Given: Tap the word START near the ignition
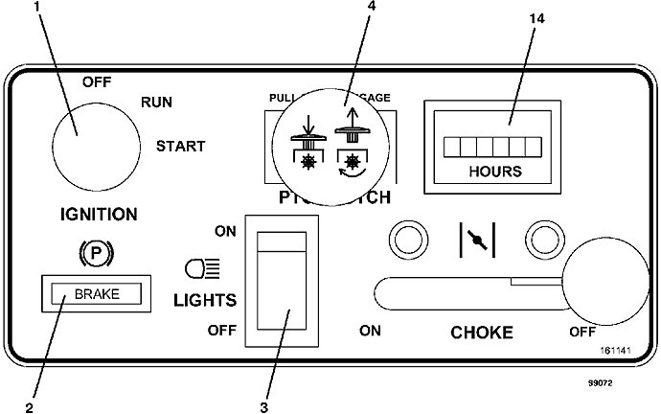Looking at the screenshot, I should coord(180,147).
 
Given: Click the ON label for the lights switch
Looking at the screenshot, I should coord(225,231).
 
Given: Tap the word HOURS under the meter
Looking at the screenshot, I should coord(495,172).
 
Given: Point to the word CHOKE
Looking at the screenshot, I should coord(482,333).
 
